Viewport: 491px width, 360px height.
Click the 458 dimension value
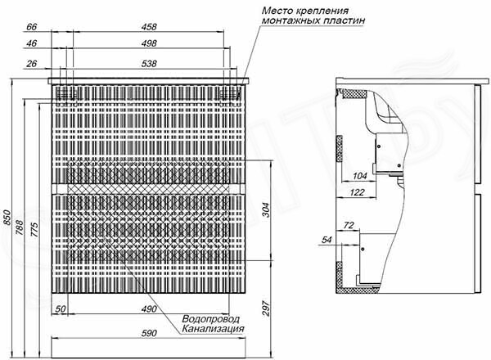click(x=149, y=27)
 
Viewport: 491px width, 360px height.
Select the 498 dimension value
click(x=149, y=43)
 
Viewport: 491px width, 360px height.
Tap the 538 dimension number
click(x=149, y=64)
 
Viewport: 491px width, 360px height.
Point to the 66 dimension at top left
click(x=31, y=27)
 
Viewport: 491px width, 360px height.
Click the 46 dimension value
click(x=31, y=43)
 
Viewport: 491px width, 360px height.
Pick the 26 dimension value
click(x=31, y=64)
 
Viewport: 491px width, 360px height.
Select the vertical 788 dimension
click(x=20, y=227)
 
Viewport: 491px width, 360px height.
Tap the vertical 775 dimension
click(x=34, y=229)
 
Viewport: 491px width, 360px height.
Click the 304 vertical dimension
click(x=265, y=210)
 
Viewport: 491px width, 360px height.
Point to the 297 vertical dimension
click(x=265, y=308)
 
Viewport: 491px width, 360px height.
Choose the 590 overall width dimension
click(x=149, y=333)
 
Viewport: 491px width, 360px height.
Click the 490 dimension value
click(x=149, y=309)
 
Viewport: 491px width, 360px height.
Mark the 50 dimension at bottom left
click(x=61, y=309)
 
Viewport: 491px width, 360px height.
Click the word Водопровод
click(x=211, y=319)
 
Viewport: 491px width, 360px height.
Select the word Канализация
click(x=213, y=329)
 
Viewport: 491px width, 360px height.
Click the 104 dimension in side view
click(x=360, y=176)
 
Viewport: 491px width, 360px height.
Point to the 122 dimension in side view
click(x=358, y=192)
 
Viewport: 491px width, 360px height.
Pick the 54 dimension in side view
click(x=327, y=240)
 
